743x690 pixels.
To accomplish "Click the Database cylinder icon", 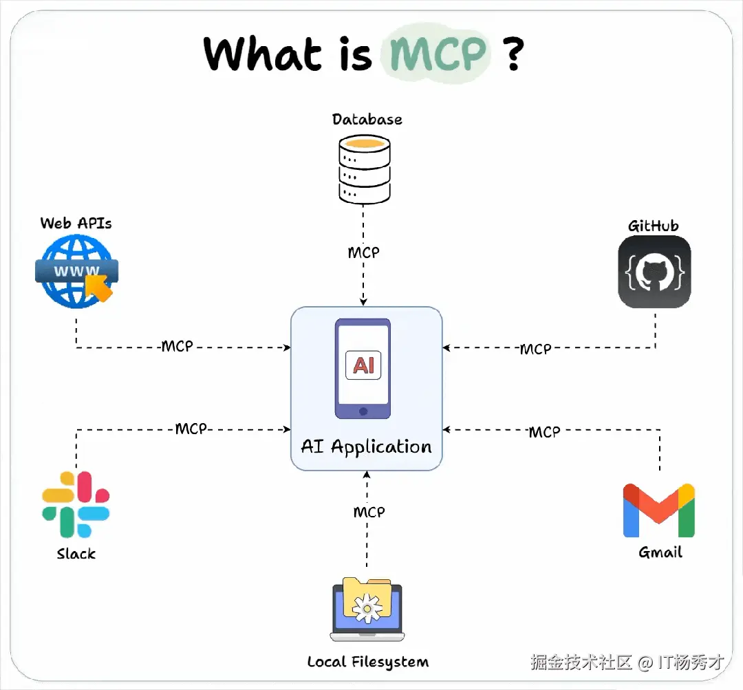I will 365,168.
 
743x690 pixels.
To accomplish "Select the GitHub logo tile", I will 654,272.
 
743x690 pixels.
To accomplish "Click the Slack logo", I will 76,504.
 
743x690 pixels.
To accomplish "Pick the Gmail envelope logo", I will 658,510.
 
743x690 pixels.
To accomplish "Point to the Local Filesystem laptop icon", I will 366,610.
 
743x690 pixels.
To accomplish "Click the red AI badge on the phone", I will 363,364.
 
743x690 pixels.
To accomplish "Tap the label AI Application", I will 366,447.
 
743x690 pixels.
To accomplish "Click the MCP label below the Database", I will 363,252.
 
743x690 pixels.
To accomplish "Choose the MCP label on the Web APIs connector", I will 177,346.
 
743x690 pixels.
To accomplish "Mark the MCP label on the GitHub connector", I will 535,349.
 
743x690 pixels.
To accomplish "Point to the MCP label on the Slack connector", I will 191,429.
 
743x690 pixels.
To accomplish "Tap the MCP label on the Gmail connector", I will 544,432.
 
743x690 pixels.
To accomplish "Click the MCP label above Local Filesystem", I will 369,512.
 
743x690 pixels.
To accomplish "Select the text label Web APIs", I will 76,223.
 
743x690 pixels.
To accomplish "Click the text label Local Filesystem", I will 367,662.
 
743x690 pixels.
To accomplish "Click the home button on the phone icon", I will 363,411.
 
